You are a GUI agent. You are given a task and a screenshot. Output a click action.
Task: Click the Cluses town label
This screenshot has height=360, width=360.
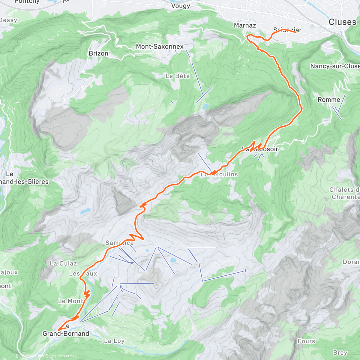click(x=342, y=22)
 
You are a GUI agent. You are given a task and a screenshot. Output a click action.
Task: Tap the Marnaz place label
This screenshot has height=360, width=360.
click(x=245, y=25)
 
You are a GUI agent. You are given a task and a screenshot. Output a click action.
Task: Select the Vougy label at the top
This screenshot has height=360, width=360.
click(x=181, y=6)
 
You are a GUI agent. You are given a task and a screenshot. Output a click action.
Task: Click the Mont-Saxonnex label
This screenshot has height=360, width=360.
click(x=160, y=46)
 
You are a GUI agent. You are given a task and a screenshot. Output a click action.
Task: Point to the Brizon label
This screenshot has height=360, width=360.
click(x=98, y=53)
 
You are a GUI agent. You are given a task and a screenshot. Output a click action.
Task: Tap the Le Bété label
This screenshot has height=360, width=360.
click(x=178, y=76)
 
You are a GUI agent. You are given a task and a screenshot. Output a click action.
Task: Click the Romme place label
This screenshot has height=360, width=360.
click(x=329, y=100)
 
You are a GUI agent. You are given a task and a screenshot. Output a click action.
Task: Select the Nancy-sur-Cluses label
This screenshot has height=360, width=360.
click(x=335, y=66)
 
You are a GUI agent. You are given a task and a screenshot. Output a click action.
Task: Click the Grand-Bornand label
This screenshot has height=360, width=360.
click(x=66, y=334)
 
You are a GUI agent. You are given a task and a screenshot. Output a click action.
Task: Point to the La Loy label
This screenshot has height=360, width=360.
click(x=114, y=341)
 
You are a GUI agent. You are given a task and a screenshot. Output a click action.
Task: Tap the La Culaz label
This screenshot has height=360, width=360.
click(x=63, y=263)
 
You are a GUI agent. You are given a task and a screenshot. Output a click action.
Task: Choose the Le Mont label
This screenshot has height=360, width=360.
click(x=70, y=301)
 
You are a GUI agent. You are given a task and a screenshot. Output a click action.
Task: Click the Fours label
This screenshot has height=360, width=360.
click(x=306, y=341)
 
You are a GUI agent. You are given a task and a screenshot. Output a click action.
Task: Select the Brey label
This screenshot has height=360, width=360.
click(x=340, y=352)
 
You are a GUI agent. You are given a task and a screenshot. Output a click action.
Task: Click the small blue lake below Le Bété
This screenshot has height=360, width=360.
click(x=205, y=106)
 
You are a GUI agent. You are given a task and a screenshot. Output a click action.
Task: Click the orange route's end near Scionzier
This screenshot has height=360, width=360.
click(x=296, y=32)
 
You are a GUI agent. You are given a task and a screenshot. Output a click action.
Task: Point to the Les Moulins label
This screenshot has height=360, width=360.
click(x=219, y=174)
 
